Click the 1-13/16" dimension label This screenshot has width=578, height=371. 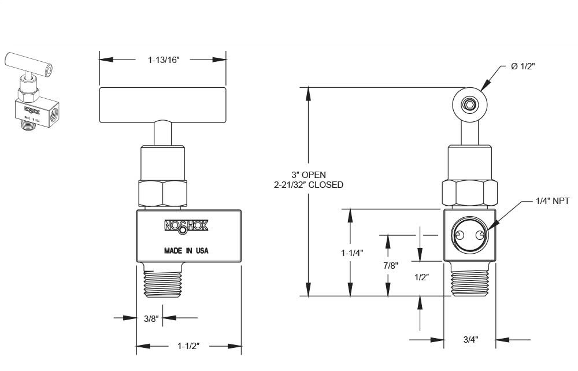tap(164, 59)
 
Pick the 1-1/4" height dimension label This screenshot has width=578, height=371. tap(351, 253)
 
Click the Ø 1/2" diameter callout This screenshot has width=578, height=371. tap(523, 66)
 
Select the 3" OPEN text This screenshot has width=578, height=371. tap(308, 175)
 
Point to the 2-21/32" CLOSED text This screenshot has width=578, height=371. tap(308, 185)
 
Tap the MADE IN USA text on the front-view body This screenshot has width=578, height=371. tap(186, 251)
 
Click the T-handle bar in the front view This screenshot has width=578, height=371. tap(162, 105)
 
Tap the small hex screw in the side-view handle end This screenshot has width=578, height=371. tap(469, 105)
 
